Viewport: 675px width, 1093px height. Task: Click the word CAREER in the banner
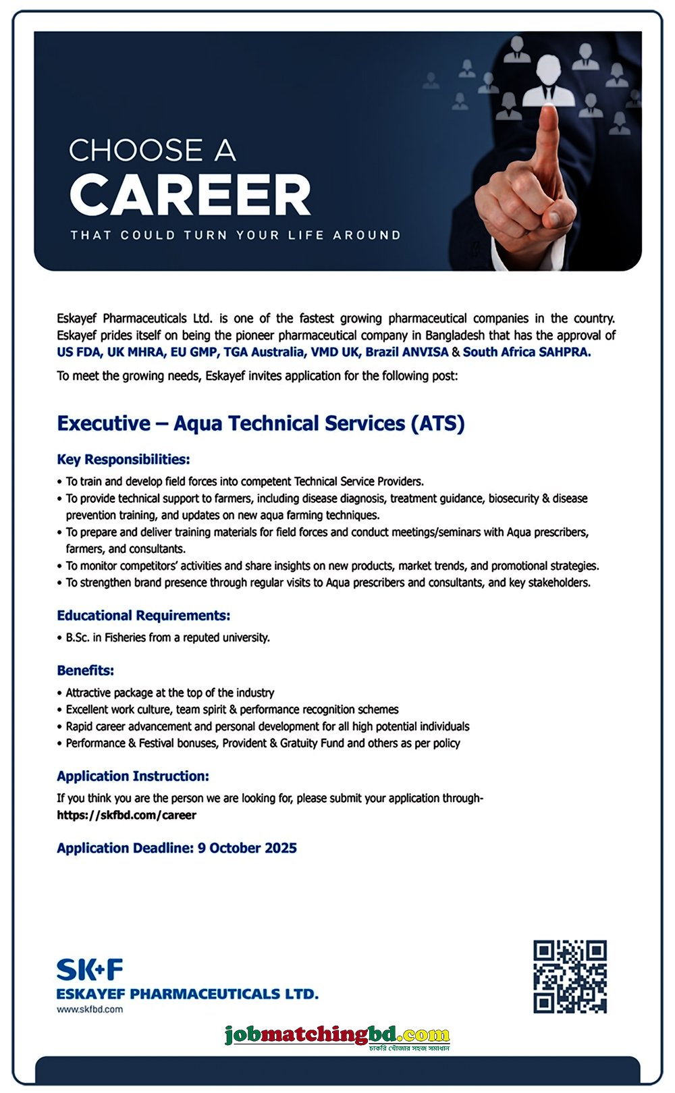(190, 195)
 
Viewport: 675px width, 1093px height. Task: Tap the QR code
(570, 976)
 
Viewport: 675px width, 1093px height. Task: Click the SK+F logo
(90, 970)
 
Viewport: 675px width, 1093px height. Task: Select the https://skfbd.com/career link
(126, 815)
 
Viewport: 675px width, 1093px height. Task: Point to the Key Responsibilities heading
(124, 460)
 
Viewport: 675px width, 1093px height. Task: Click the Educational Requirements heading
(144, 616)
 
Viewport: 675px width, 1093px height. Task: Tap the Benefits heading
(86, 670)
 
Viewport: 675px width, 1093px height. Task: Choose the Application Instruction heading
(133, 776)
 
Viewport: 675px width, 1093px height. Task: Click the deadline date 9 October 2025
(247, 848)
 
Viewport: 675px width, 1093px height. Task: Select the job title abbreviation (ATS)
(437, 423)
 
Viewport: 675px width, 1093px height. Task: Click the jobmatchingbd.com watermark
(337, 1035)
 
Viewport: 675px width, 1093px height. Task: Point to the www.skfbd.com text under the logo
(90, 1009)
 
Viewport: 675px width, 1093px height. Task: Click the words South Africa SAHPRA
(526, 352)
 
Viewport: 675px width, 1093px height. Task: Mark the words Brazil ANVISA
(407, 352)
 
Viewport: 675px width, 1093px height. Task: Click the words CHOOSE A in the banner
(153, 151)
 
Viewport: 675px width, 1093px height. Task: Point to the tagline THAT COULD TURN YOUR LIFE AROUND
(236, 235)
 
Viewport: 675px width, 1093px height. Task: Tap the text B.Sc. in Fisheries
(102, 637)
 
